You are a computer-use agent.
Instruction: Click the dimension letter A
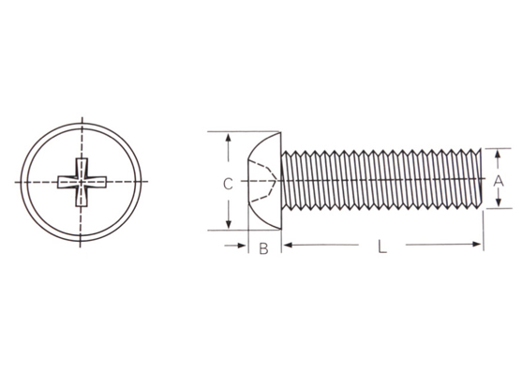point(498,181)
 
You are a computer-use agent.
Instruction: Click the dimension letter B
point(263,248)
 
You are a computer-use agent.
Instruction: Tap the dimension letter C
point(228,184)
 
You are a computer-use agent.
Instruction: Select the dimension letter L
point(382,246)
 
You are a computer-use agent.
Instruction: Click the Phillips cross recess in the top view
point(82,182)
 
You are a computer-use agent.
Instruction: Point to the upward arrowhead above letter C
point(228,138)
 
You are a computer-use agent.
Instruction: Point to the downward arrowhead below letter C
point(229,225)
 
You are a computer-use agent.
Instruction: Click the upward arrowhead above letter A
point(498,154)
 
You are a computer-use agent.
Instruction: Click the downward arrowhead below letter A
point(499,202)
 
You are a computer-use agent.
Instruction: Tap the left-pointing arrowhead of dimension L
point(288,246)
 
